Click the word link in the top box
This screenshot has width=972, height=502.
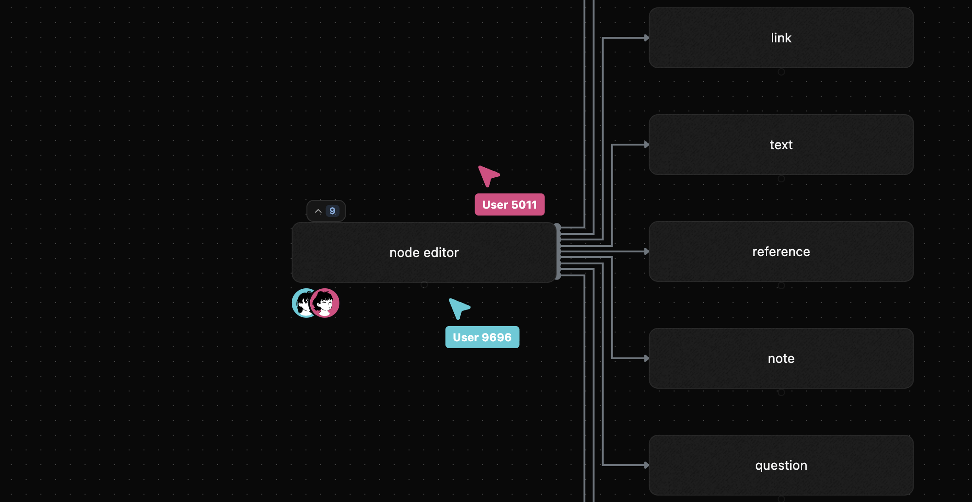781,38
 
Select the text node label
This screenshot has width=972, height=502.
781,145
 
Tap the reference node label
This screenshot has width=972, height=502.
781,251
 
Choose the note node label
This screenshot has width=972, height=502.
781,358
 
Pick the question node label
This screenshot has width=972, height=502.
781,465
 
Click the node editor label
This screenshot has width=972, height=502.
424,252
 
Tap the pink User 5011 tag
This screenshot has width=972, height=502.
509,204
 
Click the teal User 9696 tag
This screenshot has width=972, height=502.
482,337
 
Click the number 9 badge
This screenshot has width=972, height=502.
332,211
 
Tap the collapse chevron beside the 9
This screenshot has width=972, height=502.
318,211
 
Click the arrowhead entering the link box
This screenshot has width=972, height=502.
646,38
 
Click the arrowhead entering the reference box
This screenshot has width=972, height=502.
646,251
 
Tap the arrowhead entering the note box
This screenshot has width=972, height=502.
646,358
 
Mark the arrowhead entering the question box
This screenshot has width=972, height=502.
646,465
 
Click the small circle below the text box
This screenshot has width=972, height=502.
781,179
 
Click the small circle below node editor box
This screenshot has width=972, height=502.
424,285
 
